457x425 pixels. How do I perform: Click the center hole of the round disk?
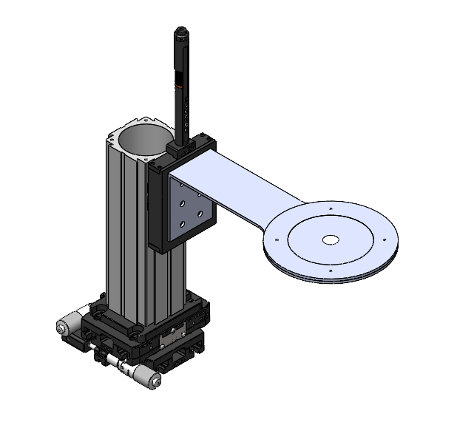[330, 239]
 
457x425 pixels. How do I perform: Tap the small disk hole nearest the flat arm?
[276, 239]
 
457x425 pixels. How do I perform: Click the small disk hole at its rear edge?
[328, 209]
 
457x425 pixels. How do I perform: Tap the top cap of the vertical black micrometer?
[180, 33]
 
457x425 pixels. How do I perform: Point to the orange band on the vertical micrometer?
[178, 81]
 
